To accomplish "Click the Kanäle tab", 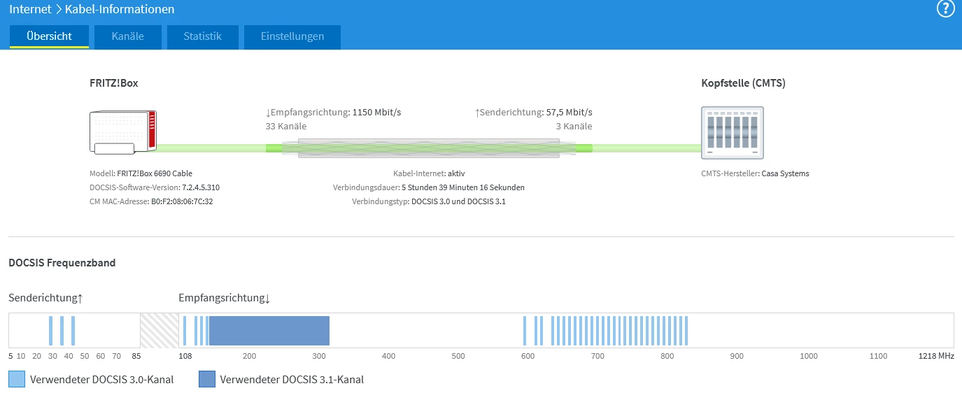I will tap(128, 36).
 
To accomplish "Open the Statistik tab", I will tap(202, 36).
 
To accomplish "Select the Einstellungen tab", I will tap(292, 36).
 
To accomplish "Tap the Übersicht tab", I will tap(49, 36).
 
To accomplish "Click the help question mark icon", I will tap(945, 9).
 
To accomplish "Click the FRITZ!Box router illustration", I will tap(123, 131).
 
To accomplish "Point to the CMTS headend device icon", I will tap(732, 132).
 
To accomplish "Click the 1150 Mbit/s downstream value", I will tap(376, 112).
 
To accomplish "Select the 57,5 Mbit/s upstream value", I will tap(569, 112).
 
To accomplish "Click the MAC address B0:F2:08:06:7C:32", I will tap(181, 201).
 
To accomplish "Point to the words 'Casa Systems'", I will tap(785, 173).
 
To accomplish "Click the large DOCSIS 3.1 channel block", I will tap(269, 330).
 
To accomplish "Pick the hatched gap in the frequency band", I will tap(160, 330).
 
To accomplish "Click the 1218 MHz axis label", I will tap(936, 357).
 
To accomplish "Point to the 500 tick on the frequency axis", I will tap(458, 357).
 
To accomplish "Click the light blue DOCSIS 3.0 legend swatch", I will tap(17, 380).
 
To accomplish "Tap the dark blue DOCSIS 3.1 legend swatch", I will tap(206, 380).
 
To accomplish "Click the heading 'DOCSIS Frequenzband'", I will tap(62, 263).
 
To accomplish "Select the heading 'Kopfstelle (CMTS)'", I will tap(743, 83).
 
